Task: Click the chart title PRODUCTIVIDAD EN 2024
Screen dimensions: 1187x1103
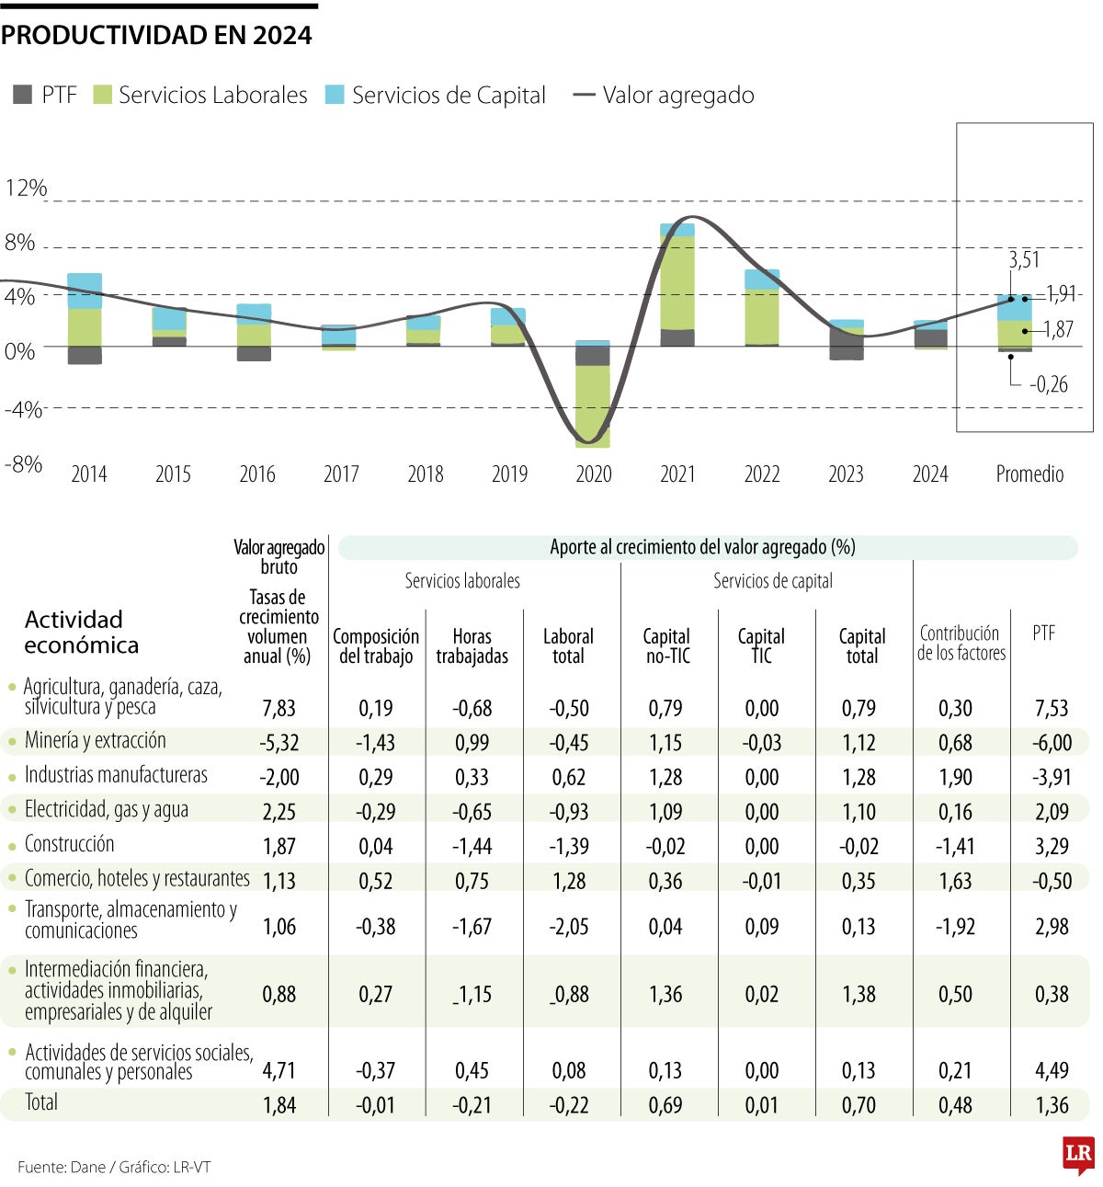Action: point(156,35)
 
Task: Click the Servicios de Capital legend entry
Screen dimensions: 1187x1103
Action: point(437,95)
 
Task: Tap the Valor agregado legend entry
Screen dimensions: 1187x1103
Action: point(664,95)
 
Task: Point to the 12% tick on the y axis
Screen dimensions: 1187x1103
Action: point(26,188)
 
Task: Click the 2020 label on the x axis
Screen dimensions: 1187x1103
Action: point(594,474)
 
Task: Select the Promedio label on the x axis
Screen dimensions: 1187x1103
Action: point(1029,474)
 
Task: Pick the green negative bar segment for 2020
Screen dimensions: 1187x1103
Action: point(593,405)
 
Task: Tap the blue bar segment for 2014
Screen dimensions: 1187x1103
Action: point(85,291)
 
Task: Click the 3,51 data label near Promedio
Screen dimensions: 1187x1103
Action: point(1024,260)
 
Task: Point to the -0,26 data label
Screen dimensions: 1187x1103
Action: point(1049,384)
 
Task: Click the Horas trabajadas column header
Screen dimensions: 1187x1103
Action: point(472,646)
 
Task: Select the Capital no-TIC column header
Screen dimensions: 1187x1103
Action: point(666,646)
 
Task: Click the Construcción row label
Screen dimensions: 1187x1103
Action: point(70,844)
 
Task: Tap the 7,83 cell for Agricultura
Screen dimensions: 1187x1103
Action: point(279,708)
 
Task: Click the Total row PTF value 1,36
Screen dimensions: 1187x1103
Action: point(1052,1105)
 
